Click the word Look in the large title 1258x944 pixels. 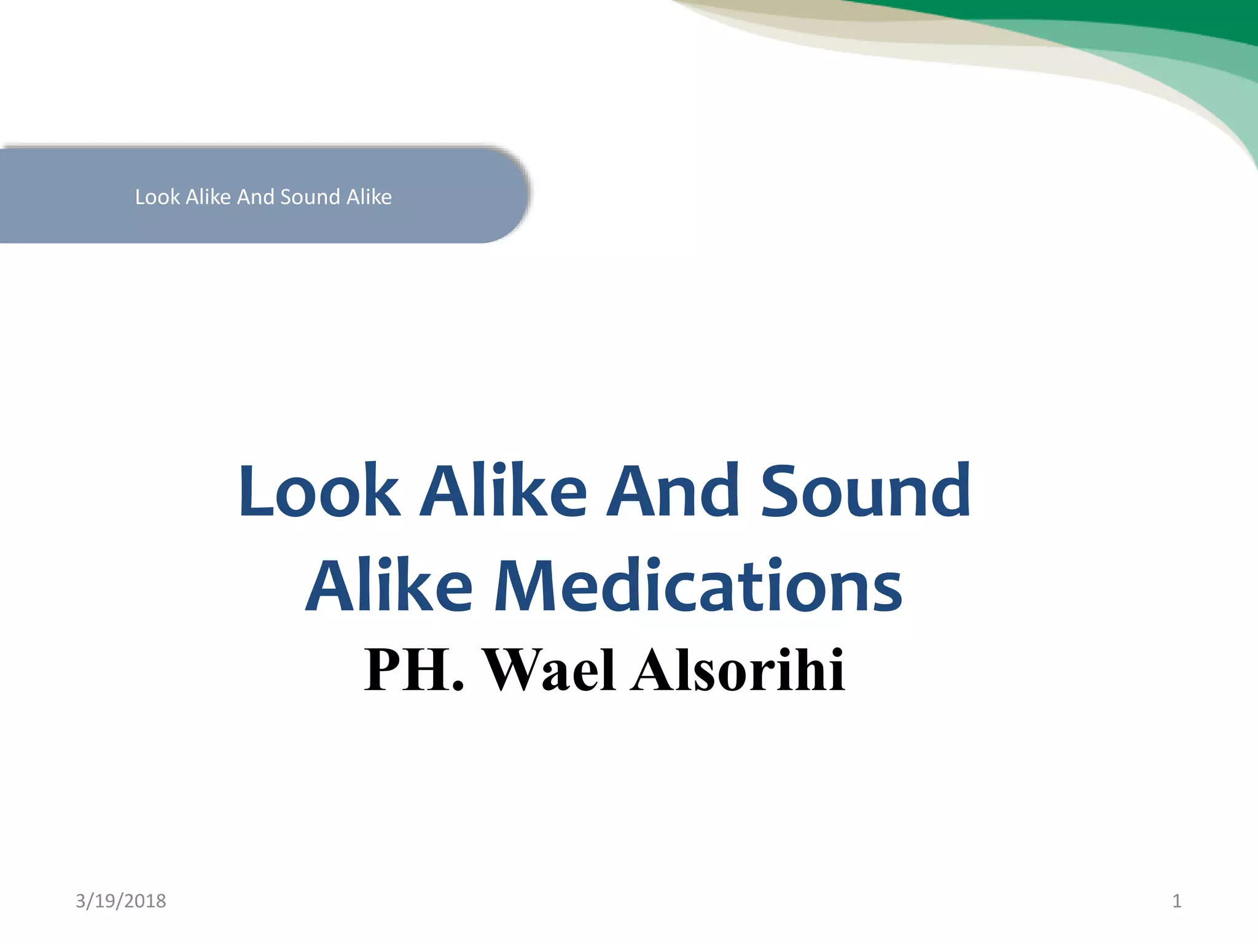point(319,491)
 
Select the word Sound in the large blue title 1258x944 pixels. point(865,491)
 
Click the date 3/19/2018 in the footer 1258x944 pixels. point(120,901)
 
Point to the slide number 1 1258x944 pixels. point(1176,901)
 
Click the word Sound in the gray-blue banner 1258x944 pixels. point(310,197)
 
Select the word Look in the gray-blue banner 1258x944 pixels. point(157,197)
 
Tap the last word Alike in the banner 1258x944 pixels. point(369,197)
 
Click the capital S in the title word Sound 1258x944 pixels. point(781,491)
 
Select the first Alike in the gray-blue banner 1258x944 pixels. point(208,197)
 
